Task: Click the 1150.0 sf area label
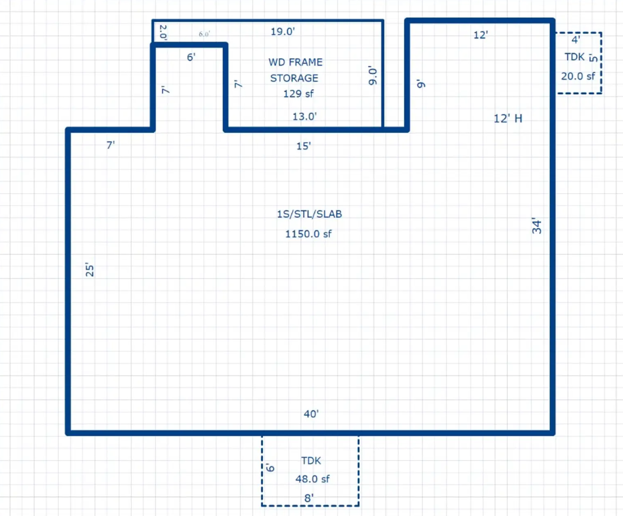click(x=309, y=234)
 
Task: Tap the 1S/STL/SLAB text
click(x=309, y=214)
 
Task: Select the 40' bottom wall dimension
click(x=311, y=414)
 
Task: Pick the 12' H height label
click(x=508, y=119)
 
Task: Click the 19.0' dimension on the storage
click(x=283, y=32)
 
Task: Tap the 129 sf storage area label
click(x=298, y=93)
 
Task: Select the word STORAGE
click(x=294, y=78)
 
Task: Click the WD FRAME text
click(x=295, y=62)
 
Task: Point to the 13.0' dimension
click(x=304, y=116)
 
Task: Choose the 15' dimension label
click(x=303, y=146)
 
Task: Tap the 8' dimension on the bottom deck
click(x=309, y=498)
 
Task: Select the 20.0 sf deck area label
click(x=578, y=76)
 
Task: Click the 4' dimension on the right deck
click(x=575, y=40)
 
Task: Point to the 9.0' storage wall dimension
click(x=374, y=76)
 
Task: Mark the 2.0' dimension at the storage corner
click(x=163, y=32)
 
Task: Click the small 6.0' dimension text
click(x=204, y=34)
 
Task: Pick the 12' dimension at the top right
click(x=480, y=35)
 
